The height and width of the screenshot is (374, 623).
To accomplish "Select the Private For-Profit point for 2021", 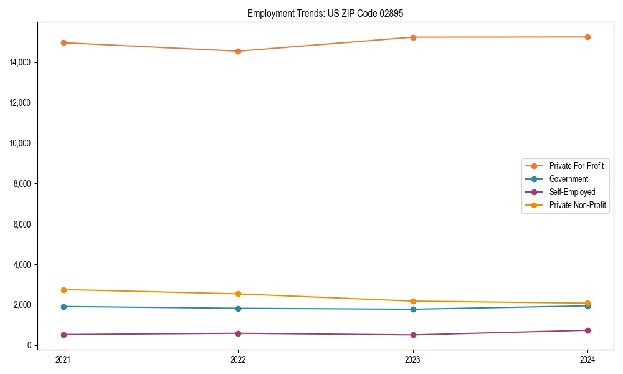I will (64, 42).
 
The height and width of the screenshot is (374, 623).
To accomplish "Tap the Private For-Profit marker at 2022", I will (238, 51).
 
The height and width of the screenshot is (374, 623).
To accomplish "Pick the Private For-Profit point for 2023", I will (413, 37).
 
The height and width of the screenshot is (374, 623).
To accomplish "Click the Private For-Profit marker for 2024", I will (587, 37).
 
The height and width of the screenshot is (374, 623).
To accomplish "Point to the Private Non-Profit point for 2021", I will (64, 290).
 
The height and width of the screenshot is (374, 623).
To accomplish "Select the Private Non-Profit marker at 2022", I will (238, 294).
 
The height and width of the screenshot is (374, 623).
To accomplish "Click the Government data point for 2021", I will (64, 307).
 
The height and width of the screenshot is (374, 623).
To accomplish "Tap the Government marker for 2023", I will (413, 309).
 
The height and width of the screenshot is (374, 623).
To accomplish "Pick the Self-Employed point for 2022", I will (238, 333).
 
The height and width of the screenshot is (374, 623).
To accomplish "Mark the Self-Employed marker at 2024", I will (587, 330).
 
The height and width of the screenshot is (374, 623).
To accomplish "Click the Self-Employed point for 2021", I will (64, 335).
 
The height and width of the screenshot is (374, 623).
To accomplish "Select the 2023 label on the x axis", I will (413, 359).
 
